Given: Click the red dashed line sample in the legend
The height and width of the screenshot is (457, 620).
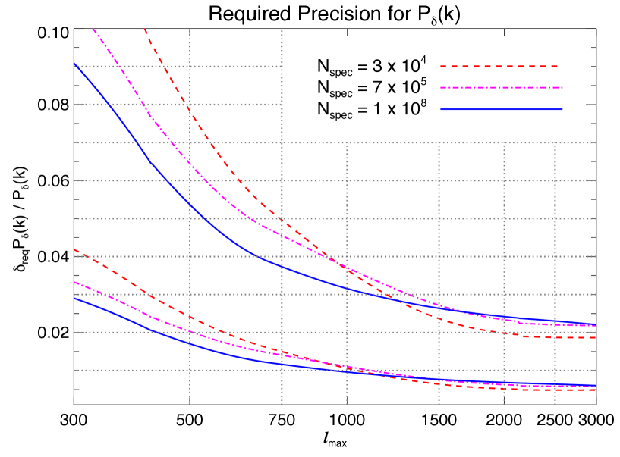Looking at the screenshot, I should (x=500, y=67).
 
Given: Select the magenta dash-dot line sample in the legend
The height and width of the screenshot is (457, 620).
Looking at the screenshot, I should (x=500, y=88).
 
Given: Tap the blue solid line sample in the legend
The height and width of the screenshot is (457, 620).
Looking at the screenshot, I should (x=500, y=109).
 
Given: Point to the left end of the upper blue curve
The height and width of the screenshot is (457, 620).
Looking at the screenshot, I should (x=74, y=64).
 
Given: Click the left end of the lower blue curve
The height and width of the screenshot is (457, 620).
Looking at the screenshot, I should (x=74, y=298).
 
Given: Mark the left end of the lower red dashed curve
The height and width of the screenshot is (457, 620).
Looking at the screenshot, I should (x=74, y=249).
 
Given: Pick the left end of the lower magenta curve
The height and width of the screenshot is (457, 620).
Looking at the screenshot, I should (x=74, y=282).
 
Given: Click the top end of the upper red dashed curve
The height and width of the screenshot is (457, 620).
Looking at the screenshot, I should (x=145, y=30).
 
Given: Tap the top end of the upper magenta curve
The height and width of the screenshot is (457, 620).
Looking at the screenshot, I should (x=93, y=30).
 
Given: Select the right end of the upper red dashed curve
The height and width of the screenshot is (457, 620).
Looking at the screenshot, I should (x=596, y=337).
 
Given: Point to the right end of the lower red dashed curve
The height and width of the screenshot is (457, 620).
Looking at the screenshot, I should (x=596, y=390).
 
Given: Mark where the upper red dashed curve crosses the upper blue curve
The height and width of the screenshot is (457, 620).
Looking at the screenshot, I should (x=389, y=297).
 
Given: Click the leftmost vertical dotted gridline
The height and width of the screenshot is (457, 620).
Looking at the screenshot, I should (x=190, y=227).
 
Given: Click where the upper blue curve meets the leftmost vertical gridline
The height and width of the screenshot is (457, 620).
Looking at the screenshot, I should (x=190, y=204).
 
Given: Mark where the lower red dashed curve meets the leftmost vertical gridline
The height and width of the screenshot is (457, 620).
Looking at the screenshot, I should (x=190, y=318).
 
